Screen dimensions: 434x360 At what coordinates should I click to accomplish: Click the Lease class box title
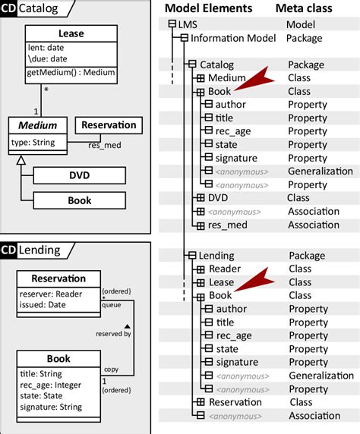(x=71, y=33)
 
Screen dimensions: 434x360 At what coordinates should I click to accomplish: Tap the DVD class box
(x=79, y=176)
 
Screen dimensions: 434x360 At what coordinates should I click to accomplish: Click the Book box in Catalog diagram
(x=79, y=200)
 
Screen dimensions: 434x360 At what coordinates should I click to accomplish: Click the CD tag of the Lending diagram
(x=8, y=250)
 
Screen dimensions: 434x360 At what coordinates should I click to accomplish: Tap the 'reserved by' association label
(x=112, y=333)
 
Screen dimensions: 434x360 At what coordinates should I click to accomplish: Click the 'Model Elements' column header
(x=208, y=8)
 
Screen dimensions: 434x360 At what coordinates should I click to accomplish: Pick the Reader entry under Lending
(x=224, y=269)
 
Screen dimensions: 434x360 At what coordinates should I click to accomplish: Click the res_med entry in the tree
(x=226, y=225)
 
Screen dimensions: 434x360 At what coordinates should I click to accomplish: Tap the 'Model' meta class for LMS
(x=300, y=24)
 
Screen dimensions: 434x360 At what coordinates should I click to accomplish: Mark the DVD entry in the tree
(x=218, y=198)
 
